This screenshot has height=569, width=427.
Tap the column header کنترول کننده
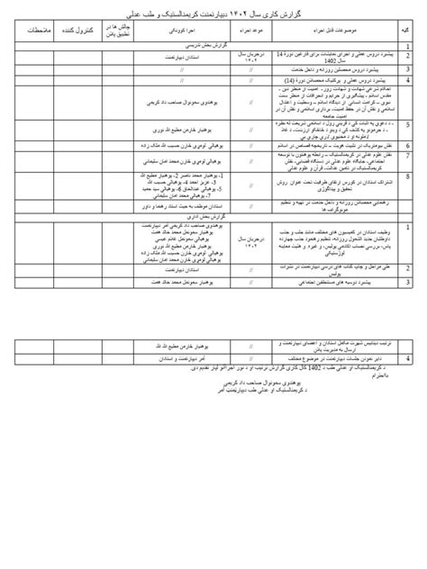point(73,31)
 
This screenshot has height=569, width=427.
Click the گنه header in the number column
point(408,31)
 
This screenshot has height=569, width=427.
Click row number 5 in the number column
point(408,125)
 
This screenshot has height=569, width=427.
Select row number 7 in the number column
point(408,154)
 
